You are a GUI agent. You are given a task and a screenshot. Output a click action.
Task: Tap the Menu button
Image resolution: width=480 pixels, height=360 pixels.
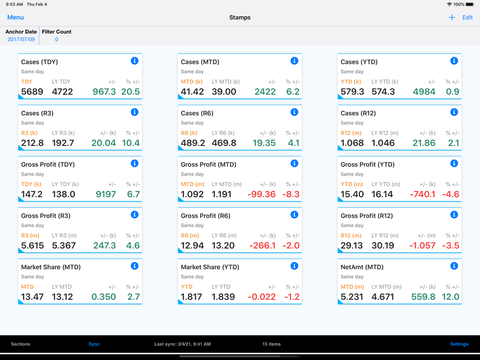click(15, 17)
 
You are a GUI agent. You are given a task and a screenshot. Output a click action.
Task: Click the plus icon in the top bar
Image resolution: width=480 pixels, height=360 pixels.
click(452, 17)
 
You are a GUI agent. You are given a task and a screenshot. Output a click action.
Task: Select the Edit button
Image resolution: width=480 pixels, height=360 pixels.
click(468, 17)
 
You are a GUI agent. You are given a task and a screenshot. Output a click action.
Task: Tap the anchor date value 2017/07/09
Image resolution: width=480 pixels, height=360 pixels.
click(21, 39)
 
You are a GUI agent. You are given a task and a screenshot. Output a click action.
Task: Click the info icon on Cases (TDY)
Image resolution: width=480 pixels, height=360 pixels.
click(134, 61)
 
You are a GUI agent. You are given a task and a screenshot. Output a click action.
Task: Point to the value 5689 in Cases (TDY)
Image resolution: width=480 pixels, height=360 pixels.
click(32, 92)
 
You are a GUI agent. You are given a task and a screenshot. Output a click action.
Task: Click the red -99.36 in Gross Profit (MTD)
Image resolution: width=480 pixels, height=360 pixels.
click(262, 194)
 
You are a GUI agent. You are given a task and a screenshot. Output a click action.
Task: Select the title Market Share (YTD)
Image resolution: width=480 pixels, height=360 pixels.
click(210, 267)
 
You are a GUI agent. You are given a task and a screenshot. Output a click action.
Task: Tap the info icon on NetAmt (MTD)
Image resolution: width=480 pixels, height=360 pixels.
click(454, 266)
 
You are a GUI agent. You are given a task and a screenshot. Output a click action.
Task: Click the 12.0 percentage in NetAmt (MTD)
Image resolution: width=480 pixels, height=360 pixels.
click(450, 297)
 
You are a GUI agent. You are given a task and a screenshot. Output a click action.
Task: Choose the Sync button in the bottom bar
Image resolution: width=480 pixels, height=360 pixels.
click(94, 344)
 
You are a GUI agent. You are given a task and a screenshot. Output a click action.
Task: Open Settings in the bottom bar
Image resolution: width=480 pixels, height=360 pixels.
click(459, 344)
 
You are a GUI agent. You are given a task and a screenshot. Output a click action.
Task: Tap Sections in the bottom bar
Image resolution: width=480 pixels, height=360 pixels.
click(21, 344)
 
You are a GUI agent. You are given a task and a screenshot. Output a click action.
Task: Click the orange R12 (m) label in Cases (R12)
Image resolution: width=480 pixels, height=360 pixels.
click(351, 133)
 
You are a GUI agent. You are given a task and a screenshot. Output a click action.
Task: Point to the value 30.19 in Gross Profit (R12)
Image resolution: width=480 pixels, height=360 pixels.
click(383, 246)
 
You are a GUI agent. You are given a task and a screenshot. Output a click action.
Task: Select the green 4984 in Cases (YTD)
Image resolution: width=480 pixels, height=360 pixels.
click(424, 92)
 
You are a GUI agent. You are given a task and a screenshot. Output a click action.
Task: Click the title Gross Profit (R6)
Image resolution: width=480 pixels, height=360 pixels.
click(205, 216)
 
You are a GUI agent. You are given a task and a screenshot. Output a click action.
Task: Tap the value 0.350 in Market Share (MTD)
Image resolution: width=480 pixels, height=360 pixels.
click(104, 297)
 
